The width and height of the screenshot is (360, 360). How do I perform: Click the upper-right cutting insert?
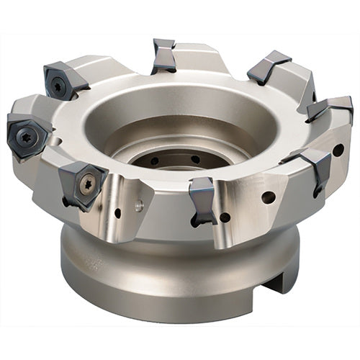(x=267, y=68)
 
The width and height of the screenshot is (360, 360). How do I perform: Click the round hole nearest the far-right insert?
(x=338, y=150)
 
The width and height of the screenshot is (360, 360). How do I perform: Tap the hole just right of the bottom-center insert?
(x=225, y=217)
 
